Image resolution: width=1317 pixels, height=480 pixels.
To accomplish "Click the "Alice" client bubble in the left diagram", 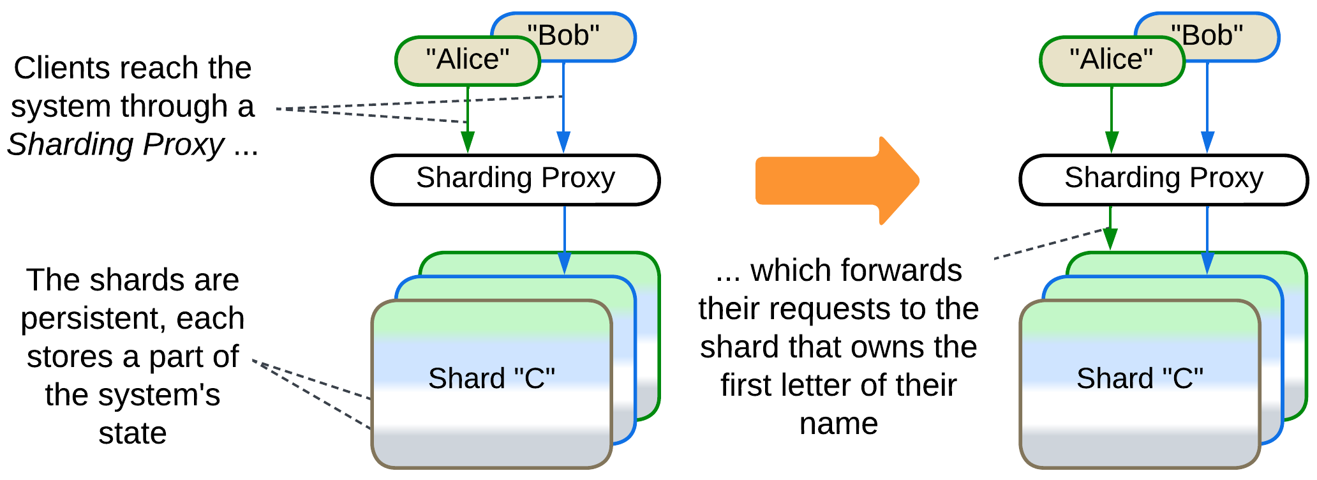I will point(467,61).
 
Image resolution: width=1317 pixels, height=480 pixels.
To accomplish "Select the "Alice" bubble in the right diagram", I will point(1112,61).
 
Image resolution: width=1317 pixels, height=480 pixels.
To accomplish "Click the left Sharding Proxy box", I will point(515,179).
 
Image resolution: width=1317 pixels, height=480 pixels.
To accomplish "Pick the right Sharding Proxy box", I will point(1163,179).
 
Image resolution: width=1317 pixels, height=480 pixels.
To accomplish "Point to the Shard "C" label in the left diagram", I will point(491,379).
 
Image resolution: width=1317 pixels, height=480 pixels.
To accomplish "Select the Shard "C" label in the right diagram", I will point(1140,379).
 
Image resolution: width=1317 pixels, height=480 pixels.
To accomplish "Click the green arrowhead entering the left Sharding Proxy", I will point(468,142).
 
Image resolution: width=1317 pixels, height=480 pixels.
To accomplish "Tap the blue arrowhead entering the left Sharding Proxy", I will point(563,142).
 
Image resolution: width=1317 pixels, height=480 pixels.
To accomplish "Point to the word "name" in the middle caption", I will point(838,424).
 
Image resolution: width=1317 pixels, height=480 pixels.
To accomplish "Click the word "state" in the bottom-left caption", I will point(133,433).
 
